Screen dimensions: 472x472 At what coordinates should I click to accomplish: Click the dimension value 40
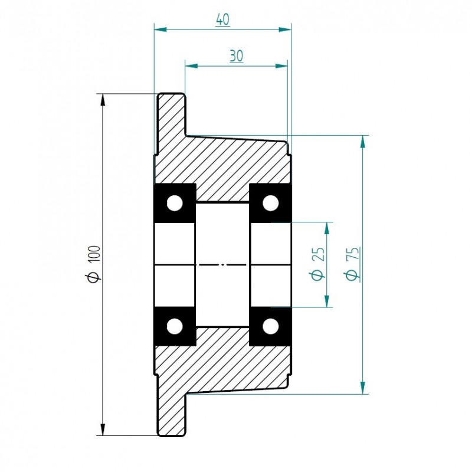223,20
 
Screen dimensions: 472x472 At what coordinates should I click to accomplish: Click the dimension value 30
237,56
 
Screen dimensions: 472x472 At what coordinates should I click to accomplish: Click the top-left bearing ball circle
175,203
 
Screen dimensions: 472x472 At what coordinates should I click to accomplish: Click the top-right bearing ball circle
271,203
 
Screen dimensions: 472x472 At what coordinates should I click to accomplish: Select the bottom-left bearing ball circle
175,326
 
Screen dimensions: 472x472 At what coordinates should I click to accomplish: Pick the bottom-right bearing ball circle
271,326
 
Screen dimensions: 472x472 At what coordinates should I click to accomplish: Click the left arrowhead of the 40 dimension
160,29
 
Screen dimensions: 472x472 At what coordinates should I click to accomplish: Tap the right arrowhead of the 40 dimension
285,29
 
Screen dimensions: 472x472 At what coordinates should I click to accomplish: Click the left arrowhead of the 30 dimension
191,66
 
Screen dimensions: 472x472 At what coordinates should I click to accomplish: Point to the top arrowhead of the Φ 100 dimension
103,100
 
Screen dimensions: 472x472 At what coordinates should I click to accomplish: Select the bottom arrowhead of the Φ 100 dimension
103,430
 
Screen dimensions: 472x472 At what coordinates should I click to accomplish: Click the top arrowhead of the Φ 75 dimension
363,142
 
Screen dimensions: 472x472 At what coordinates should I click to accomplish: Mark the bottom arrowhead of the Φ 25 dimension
327,301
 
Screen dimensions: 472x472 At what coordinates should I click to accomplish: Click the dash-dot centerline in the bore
222,265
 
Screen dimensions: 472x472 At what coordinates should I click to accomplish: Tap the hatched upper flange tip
171,114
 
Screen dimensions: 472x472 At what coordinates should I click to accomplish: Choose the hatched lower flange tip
171,415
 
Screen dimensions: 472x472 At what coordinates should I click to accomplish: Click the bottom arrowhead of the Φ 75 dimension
363,388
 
